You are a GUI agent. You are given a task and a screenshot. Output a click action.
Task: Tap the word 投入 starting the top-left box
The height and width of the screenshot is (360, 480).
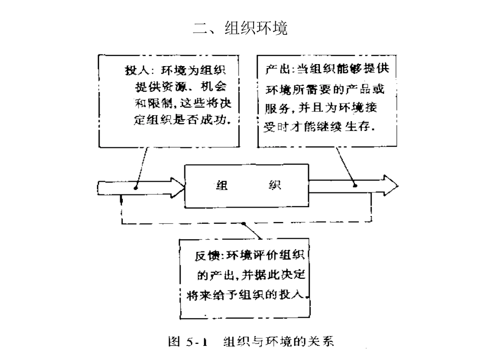pos(135,70)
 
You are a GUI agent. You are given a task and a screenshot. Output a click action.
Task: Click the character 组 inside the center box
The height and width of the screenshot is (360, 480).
pos(221,185)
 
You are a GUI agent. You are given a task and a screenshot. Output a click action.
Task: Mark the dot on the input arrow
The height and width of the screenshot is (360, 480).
pos(137,186)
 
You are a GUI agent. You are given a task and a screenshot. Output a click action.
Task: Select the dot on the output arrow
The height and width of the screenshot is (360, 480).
pos(355,185)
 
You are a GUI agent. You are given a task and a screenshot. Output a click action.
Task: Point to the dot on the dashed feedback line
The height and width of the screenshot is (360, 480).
pos(244,223)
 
